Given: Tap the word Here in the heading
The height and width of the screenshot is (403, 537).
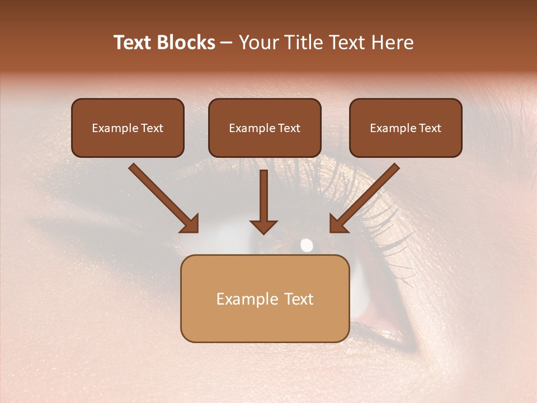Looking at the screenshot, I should (x=392, y=43).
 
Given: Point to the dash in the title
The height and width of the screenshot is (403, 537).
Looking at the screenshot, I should (x=227, y=43).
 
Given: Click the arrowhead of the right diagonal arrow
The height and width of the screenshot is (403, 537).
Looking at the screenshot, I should (x=339, y=223).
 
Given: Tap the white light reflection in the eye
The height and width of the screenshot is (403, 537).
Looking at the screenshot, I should (x=307, y=245).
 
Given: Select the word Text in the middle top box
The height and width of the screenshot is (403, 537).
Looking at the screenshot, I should (x=289, y=128).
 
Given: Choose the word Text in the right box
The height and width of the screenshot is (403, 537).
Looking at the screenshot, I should (x=430, y=128).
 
